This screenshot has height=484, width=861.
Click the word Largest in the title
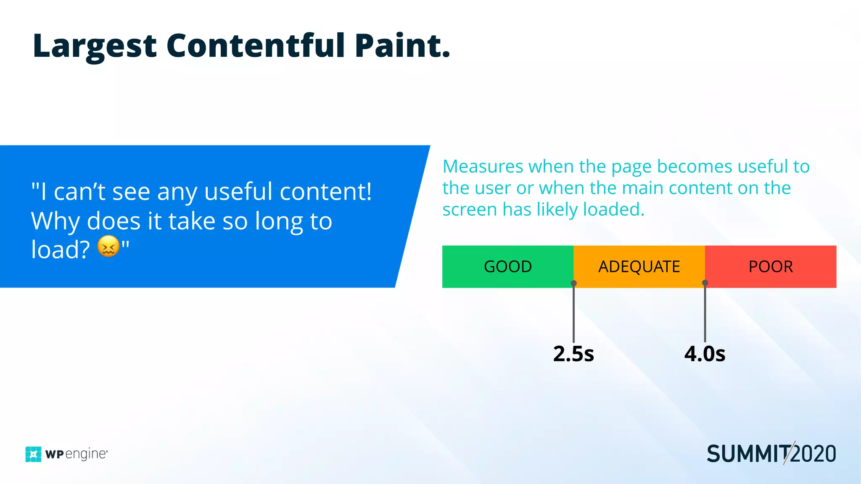[95, 46]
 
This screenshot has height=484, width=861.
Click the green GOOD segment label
[507, 267]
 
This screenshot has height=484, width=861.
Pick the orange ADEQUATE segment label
[639, 267]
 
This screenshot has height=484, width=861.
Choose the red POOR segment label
[771, 267]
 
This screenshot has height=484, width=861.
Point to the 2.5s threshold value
[573, 354]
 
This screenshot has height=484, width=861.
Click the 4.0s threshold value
[705, 354]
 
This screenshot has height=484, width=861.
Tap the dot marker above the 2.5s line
[573, 283]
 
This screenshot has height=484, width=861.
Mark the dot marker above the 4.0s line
[705, 283]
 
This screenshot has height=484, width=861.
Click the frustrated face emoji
[108, 247]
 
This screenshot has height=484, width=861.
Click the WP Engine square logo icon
[33, 454]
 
